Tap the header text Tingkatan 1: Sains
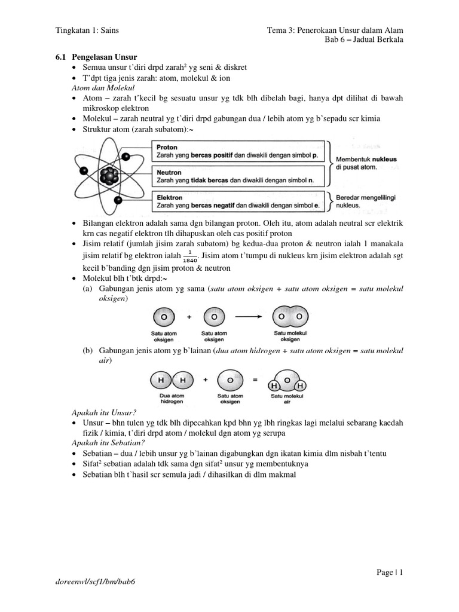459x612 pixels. click(90, 30)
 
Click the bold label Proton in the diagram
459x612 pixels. click(167, 147)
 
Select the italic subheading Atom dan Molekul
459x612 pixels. click(96, 88)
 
